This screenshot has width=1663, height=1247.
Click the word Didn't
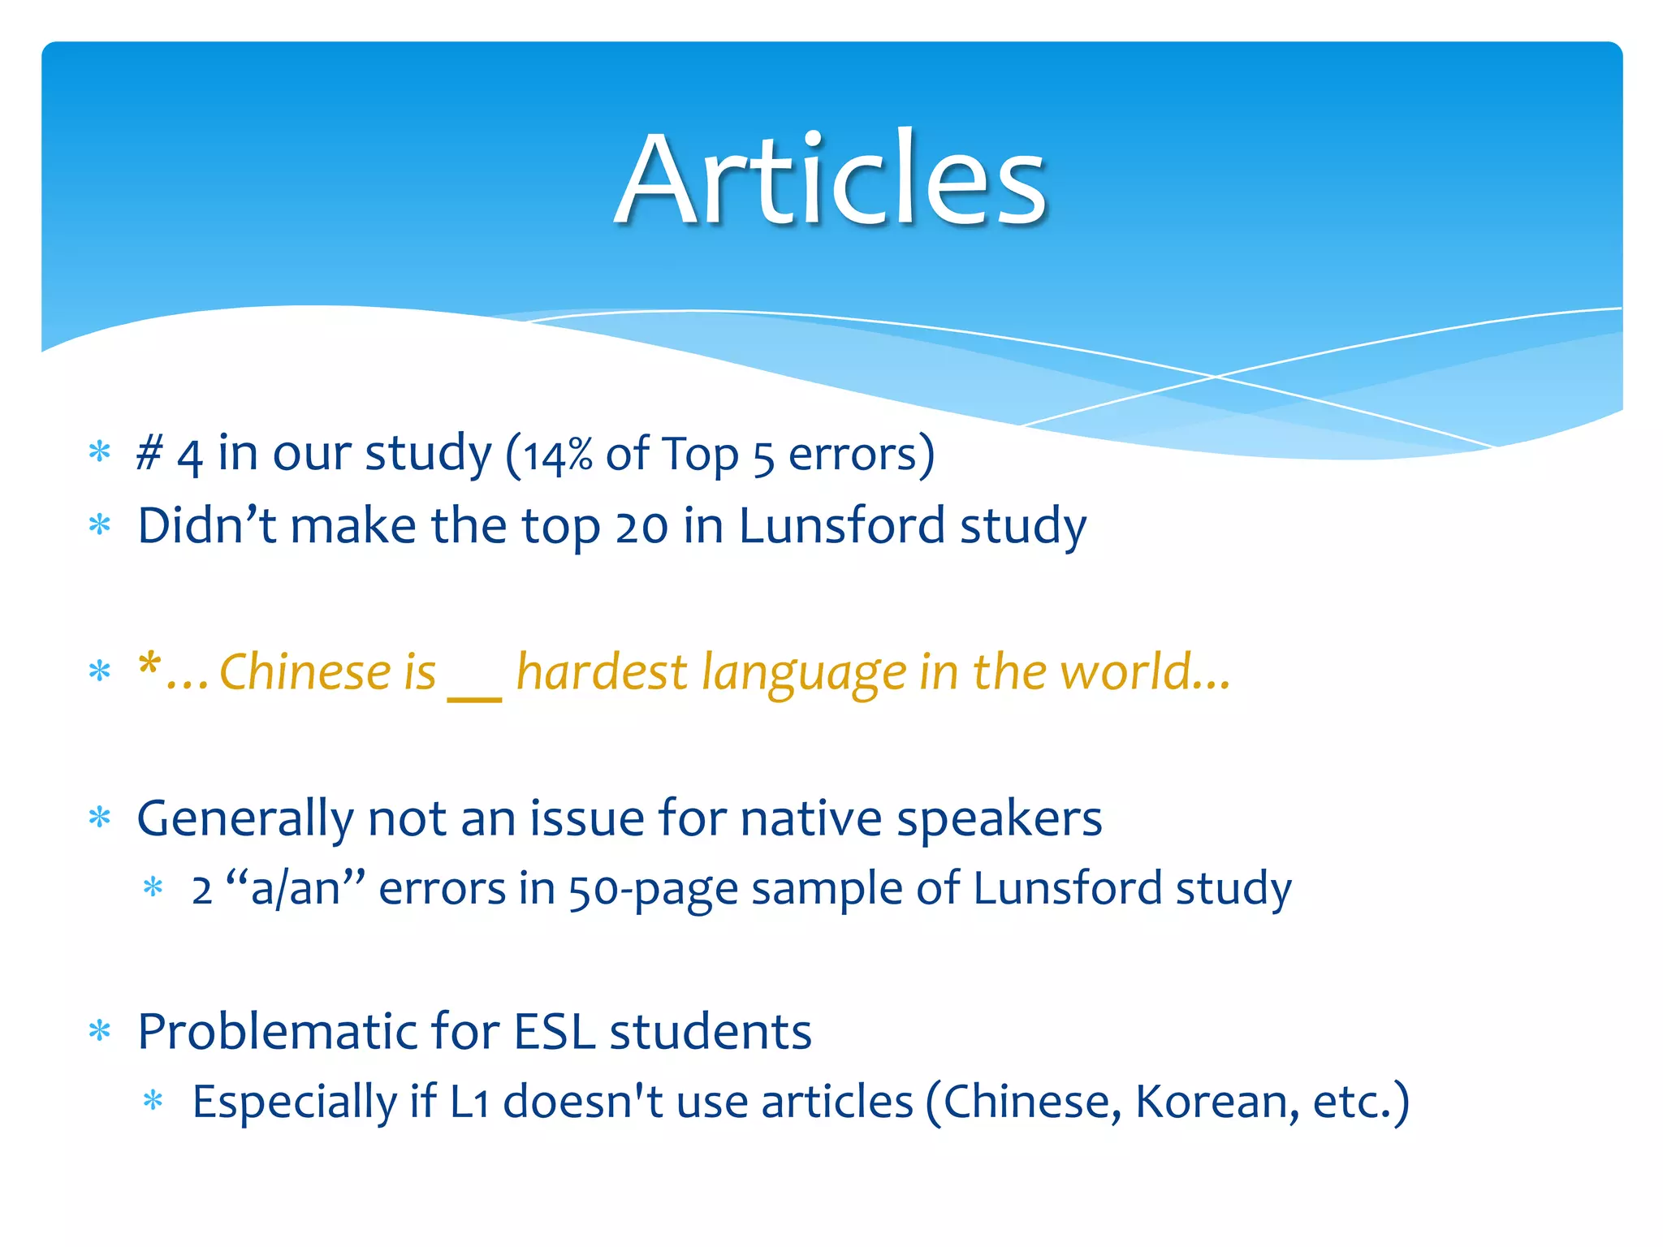point(206,526)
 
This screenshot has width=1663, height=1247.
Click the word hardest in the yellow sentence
point(601,672)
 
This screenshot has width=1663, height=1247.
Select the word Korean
point(1209,1102)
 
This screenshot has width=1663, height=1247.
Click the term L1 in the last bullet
point(469,1102)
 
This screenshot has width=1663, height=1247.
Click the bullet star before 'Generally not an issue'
point(100,818)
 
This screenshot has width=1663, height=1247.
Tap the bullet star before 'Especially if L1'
point(153,1102)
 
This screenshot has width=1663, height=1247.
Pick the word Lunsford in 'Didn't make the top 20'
point(841,526)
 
